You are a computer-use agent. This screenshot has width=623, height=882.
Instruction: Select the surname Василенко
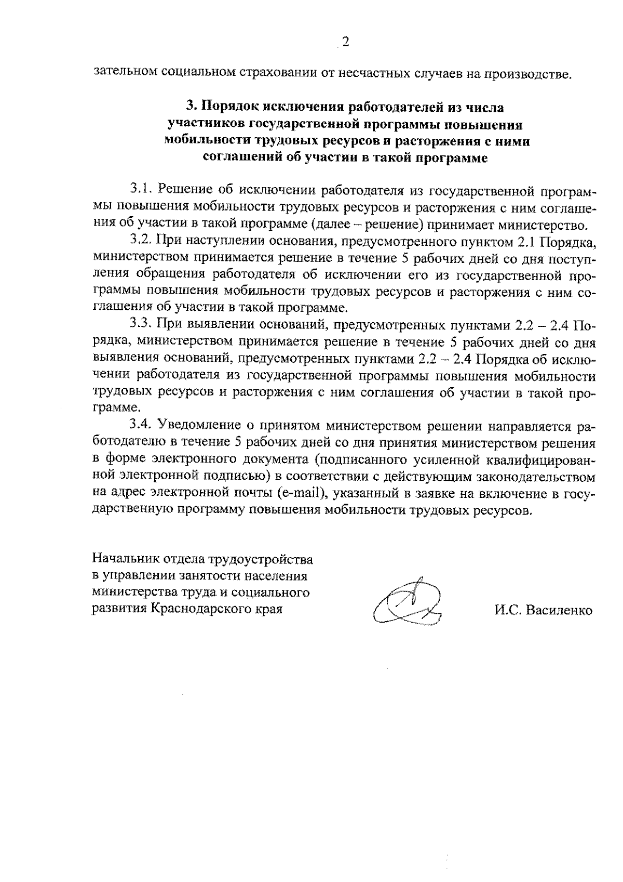pos(559,611)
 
